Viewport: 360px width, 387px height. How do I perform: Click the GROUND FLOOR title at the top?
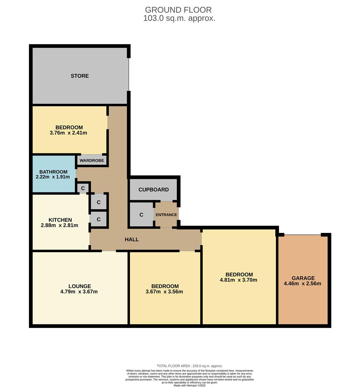tap(178, 10)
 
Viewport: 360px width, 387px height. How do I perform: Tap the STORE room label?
tap(80, 76)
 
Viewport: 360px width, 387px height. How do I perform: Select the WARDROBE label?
tap(92, 161)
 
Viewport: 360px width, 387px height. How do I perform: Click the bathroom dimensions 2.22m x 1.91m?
tap(53, 177)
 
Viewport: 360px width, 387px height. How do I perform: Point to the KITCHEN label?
tap(60, 220)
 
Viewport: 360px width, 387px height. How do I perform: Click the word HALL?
tap(132, 239)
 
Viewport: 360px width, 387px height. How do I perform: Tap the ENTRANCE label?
tap(167, 215)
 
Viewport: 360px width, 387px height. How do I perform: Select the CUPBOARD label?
tap(153, 190)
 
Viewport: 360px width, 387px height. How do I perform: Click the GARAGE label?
tap(303, 278)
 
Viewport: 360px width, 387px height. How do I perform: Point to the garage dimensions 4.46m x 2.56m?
tap(303, 283)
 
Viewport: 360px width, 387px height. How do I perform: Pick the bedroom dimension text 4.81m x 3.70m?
tap(239, 280)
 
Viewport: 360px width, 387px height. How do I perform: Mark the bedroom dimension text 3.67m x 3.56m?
tap(165, 292)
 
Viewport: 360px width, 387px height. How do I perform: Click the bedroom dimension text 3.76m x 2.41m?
tap(69, 133)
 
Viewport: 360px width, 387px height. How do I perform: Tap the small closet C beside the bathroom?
tap(83, 188)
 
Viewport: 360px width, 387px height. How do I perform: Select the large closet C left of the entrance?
tap(141, 215)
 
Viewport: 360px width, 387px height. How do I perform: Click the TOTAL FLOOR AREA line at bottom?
tap(189, 366)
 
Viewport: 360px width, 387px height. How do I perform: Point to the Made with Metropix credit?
tap(189, 385)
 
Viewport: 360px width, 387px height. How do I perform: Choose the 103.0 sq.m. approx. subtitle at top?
tap(179, 19)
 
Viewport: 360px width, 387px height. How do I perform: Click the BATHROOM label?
tap(53, 172)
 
